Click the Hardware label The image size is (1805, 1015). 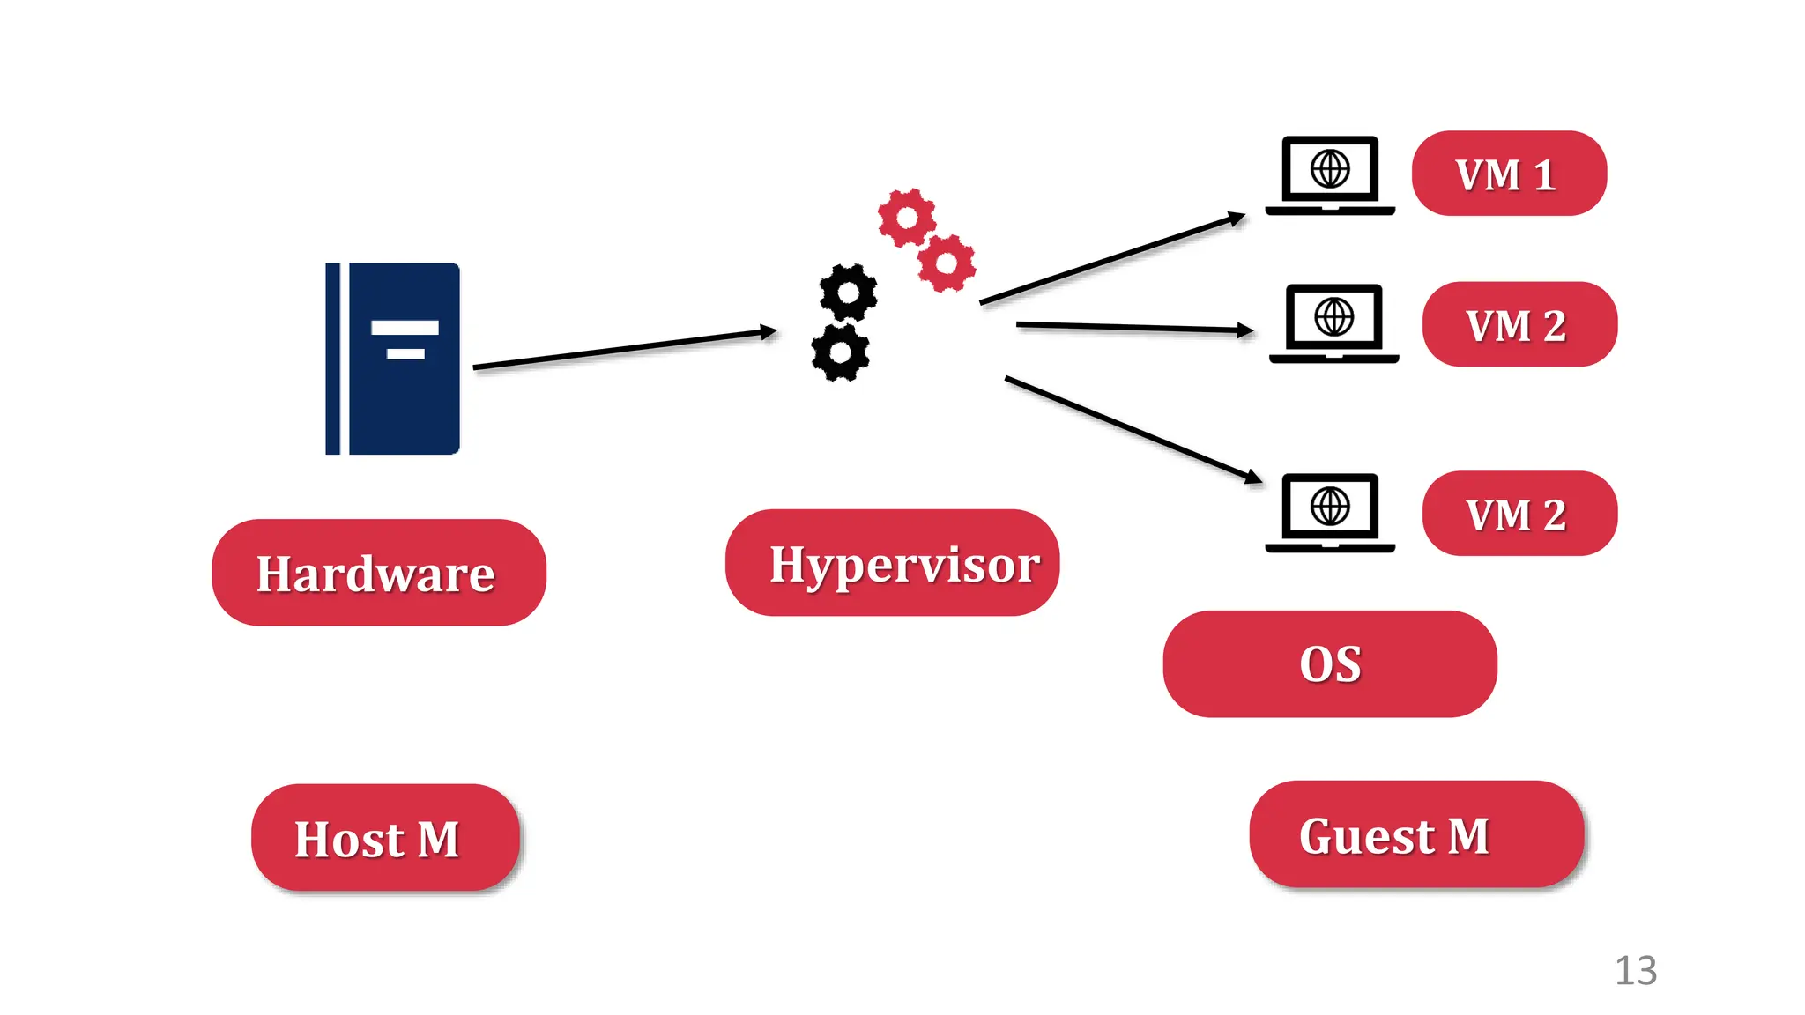pyautogui.click(x=378, y=573)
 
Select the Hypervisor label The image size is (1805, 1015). pyautogui.click(x=892, y=562)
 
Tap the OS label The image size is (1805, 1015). pyautogui.click(x=1329, y=663)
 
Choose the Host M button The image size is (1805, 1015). pyautogui.click(x=385, y=837)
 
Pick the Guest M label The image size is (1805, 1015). pyautogui.click(x=1415, y=833)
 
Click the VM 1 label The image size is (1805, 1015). pyautogui.click(x=1509, y=174)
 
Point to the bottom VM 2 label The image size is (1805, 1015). pyautogui.click(x=1519, y=514)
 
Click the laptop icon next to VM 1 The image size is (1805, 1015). pyautogui.click(x=1329, y=175)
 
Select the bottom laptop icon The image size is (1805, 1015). pyautogui.click(x=1329, y=513)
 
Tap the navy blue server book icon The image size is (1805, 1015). pyautogui.click(x=393, y=359)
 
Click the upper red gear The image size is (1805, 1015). pyautogui.click(x=906, y=218)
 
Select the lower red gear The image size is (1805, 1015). pyautogui.click(x=947, y=263)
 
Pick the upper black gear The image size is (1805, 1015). pyautogui.click(x=848, y=292)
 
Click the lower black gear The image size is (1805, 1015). pyautogui.click(x=840, y=352)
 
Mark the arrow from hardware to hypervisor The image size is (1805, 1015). pyautogui.click(x=624, y=349)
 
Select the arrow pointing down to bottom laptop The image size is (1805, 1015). pyautogui.click(x=1133, y=428)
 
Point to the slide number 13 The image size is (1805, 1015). pyautogui.click(x=1635, y=971)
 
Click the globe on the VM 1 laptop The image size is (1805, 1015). pyautogui.click(x=1329, y=168)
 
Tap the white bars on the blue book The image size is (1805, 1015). pyautogui.click(x=405, y=339)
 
